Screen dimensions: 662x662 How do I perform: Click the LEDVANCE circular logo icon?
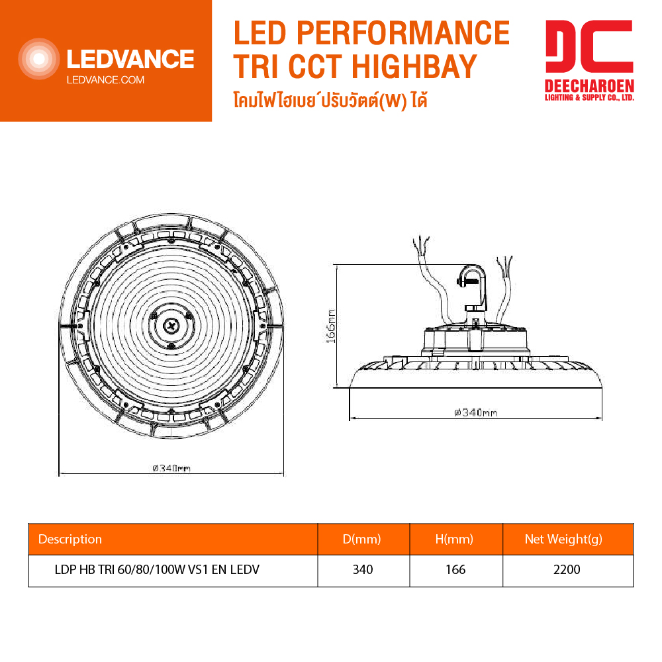(39, 60)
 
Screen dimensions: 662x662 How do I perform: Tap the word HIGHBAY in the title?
(414, 66)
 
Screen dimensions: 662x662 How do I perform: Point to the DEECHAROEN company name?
(589, 86)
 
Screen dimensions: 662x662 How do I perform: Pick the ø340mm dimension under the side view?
(475, 412)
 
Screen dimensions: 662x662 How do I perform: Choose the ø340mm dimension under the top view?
(171, 468)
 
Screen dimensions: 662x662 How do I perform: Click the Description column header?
(70, 539)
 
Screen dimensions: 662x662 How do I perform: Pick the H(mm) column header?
(455, 539)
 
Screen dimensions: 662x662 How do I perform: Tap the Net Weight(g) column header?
(563, 539)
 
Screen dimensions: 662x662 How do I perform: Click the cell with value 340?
(363, 569)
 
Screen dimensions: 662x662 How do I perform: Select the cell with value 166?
(455, 569)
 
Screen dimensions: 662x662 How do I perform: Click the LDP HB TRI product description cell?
(156, 569)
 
